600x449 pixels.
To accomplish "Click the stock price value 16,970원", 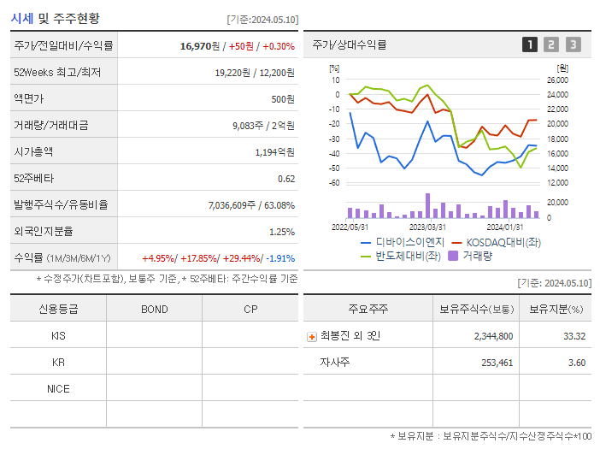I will tap(202, 46).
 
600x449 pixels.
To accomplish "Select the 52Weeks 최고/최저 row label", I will tap(57, 73).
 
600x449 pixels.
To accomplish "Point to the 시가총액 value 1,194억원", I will tap(274, 152).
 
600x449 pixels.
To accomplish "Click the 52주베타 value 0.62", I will tap(286, 179).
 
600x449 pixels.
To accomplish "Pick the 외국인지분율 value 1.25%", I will tap(281, 232).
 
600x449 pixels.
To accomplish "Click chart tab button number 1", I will tap(530, 45).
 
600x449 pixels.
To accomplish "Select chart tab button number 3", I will tap(573, 45).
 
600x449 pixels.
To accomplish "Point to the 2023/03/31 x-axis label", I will tap(427, 227).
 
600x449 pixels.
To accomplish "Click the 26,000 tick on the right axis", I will tap(557, 80).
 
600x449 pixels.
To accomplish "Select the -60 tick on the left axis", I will tap(334, 183).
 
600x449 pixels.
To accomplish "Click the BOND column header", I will tap(154, 309).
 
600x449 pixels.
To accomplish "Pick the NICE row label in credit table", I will tap(58, 388).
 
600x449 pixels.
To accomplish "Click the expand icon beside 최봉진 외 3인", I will tap(312, 336).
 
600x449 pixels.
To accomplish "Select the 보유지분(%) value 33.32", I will tap(574, 336).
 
